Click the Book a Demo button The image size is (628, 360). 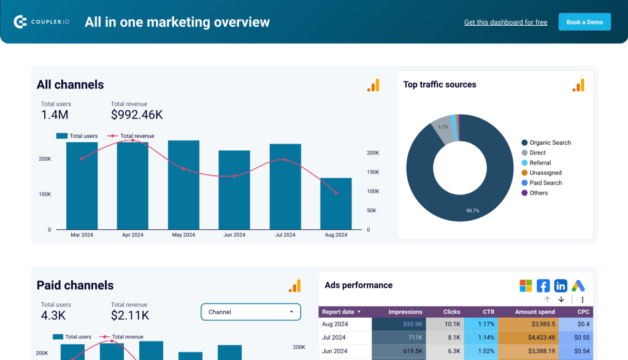point(584,22)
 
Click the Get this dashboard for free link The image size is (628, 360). point(505,23)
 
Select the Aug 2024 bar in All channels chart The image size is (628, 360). point(335,204)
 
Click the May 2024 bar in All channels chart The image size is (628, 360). point(183,185)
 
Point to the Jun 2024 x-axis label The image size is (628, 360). point(234,235)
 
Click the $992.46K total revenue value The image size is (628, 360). point(137,115)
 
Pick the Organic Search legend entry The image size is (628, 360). point(549,143)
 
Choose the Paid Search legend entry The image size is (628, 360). point(545,183)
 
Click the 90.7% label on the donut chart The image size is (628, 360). point(472,210)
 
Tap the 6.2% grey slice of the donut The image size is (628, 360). point(443,128)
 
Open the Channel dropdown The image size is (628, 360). point(251,312)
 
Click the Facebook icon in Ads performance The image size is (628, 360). point(543,286)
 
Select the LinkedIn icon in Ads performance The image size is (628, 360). point(561,286)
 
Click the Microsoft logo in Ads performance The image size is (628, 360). point(526,286)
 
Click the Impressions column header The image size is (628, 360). point(405,312)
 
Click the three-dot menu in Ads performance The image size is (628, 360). point(582,299)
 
